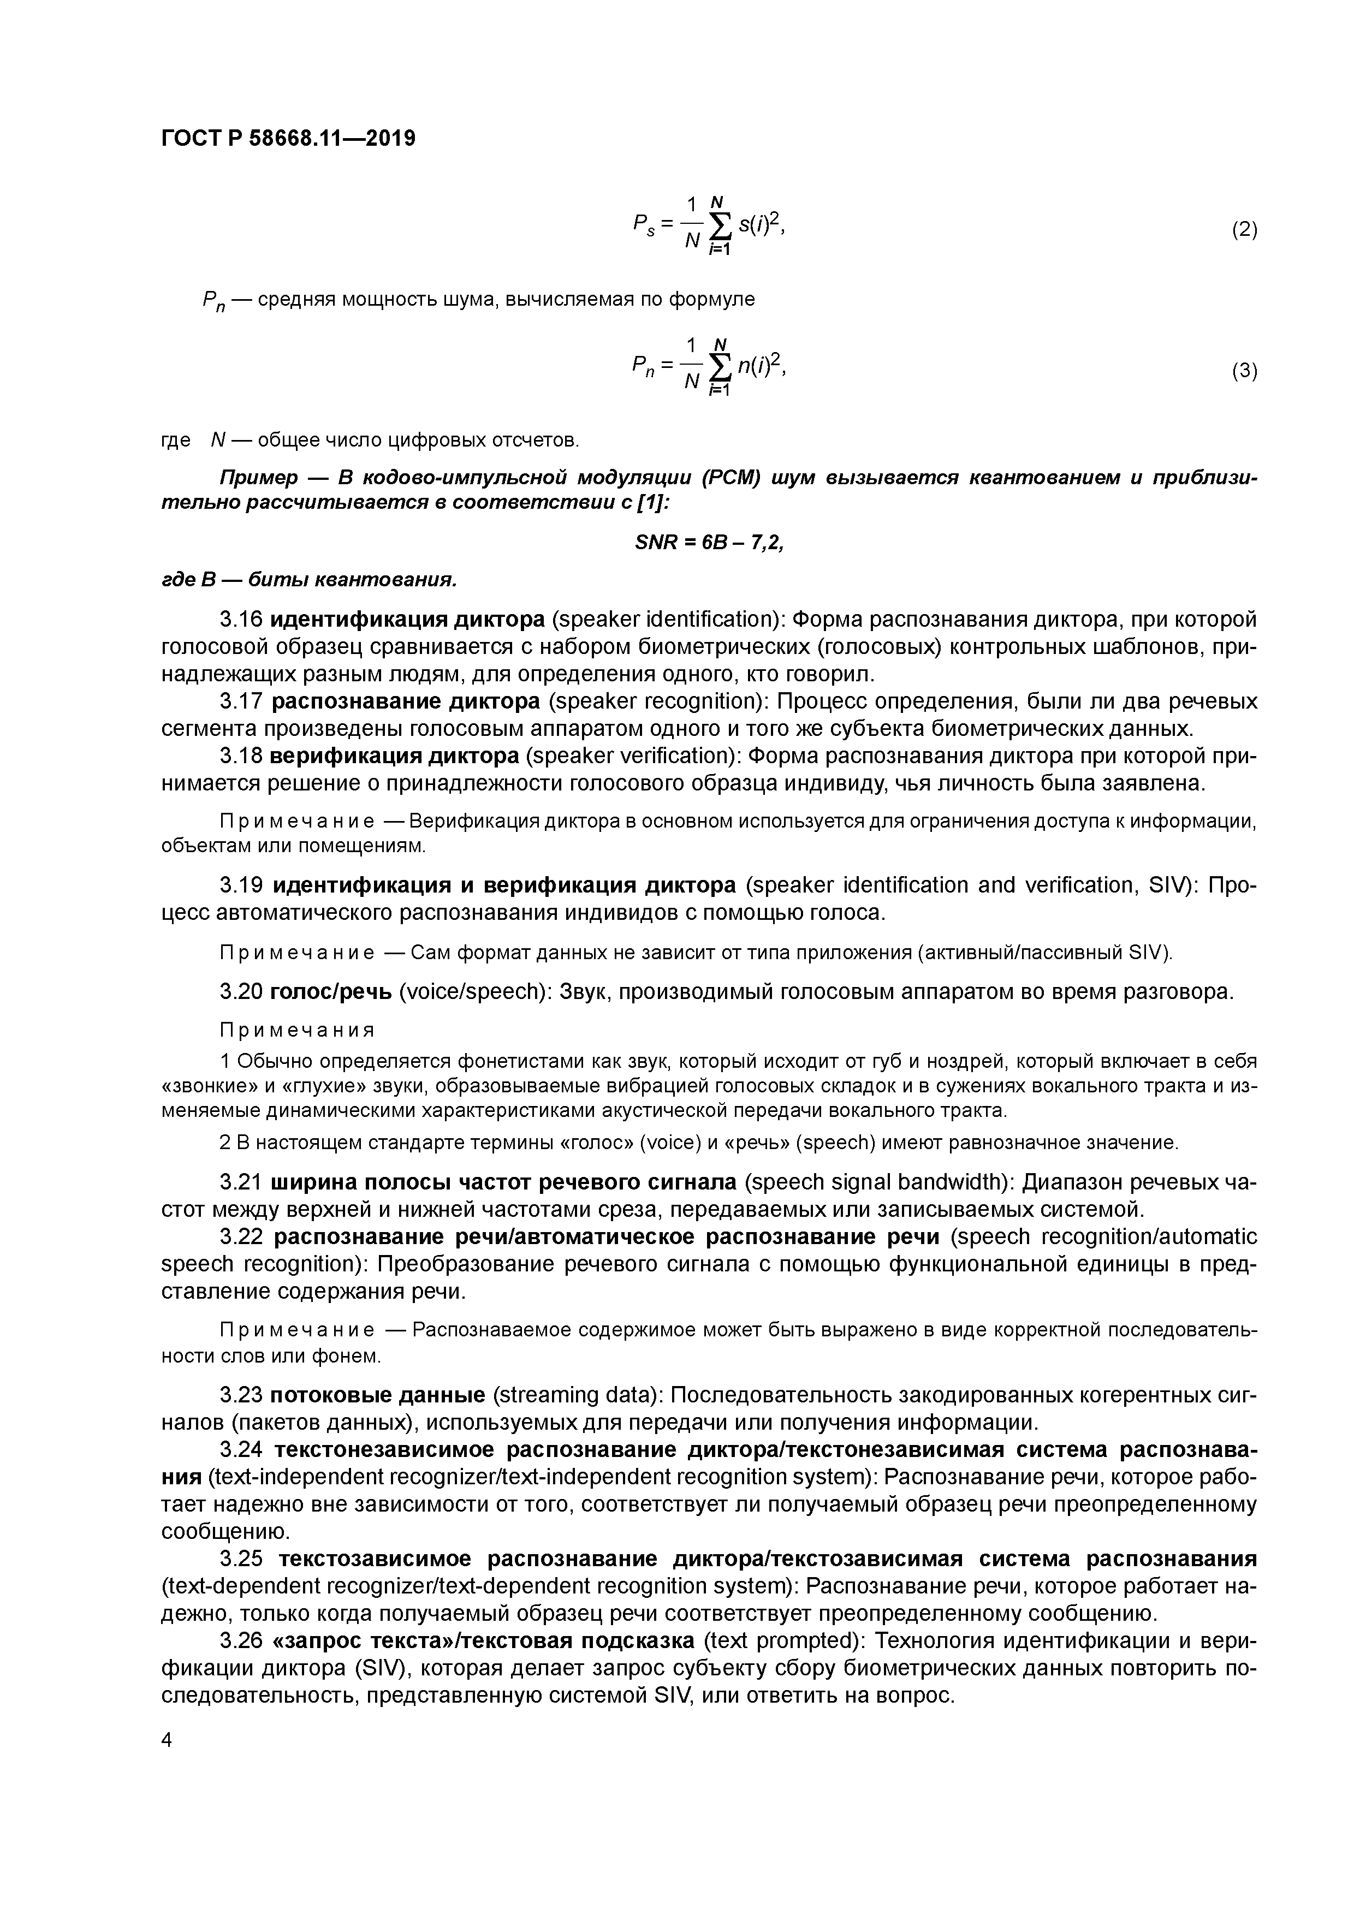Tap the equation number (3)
click(x=1244, y=371)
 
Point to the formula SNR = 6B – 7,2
click(x=709, y=542)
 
